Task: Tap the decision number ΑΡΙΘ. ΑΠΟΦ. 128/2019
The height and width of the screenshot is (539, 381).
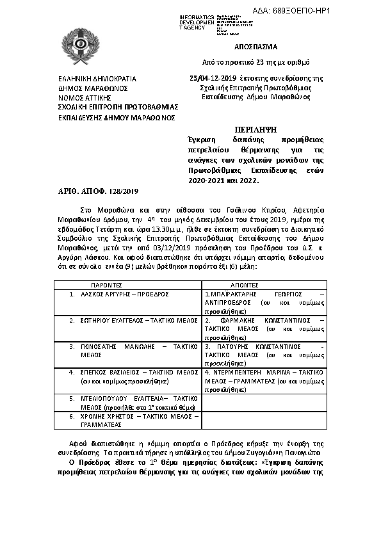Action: [93, 191]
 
